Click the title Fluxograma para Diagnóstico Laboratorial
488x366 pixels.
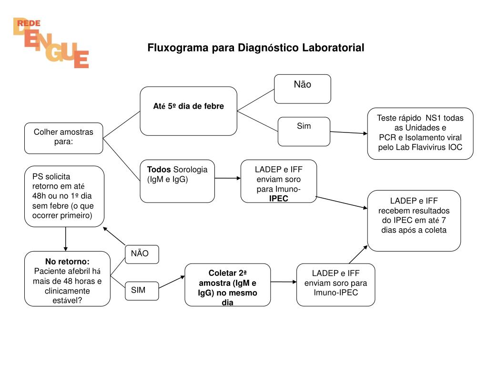pos(255,48)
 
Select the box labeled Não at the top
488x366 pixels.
pos(302,89)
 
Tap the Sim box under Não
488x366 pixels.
pos(304,131)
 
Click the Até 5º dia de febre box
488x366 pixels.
pos(188,111)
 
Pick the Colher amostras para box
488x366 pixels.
pos(63,138)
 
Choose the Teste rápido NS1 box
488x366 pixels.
pos(420,133)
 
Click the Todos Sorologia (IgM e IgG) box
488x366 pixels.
pos(177,181)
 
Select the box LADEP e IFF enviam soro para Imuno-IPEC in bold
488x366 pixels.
pos(278,181)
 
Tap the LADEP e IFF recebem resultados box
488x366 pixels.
pos(414,220)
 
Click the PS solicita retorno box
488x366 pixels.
pos(64,196)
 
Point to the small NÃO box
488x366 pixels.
pos(142,254)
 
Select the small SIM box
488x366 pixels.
pos(142,291)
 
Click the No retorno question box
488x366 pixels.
pos(67,278)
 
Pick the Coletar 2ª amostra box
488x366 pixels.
pos(227,285)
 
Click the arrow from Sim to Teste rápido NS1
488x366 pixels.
pos(348,132)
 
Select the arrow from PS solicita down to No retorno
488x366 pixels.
pos(65,239)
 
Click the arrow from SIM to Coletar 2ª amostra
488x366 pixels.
pos(172,282)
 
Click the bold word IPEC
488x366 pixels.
pos(278,198)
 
